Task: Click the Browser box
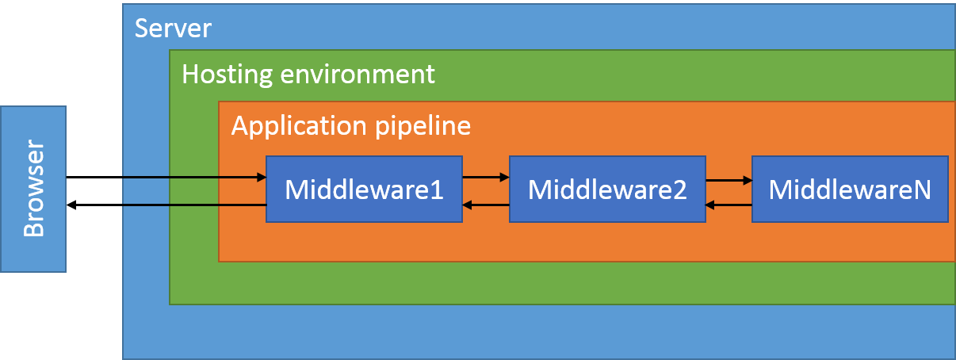(x=33, y=189)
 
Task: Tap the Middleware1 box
(x=364, y=190)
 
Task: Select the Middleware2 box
(x=606, y=190)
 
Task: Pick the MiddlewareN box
(x=849, y=190)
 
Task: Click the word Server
(x=173, y=29)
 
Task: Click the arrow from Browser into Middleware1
(x=193, y=178)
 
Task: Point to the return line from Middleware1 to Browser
(x=193, y=205)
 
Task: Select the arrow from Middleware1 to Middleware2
(x=486, y=178)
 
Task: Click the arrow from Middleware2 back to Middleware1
(x=486, y=205)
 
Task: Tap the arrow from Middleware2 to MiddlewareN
(x=728, y=180)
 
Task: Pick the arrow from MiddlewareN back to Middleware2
(x=728, y=205)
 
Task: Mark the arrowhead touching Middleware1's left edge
(x=262, y=178)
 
